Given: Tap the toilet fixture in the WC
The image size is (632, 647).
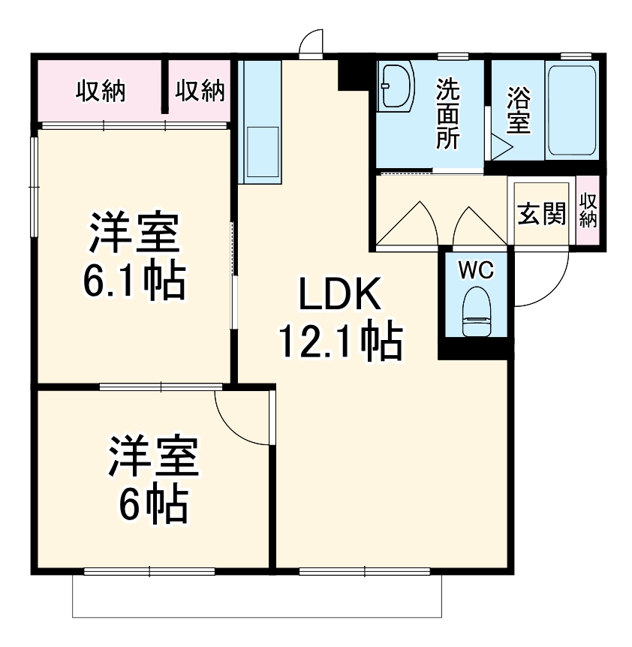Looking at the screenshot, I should click(475, 315).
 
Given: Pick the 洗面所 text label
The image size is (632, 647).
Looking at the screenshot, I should click(448, 113).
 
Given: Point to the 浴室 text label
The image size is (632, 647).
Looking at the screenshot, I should click(518, 111).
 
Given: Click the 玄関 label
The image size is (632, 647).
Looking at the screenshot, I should click(540, 215).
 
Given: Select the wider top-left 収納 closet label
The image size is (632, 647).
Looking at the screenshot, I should click(100, 92).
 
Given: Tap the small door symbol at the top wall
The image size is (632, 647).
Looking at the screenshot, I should click(310, 43).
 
